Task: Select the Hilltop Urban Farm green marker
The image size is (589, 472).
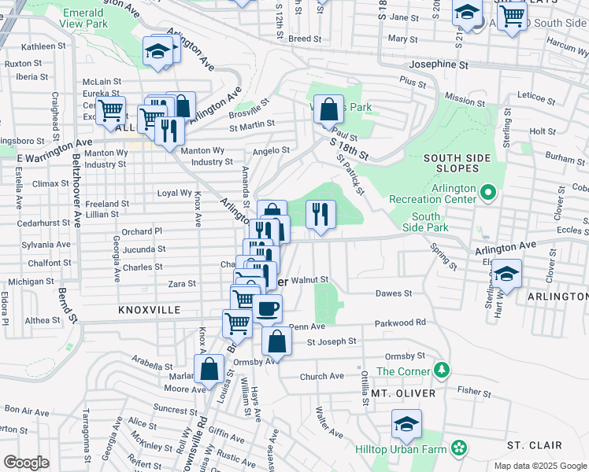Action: [x=458, y=449]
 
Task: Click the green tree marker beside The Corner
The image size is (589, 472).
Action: [x=442, y=371]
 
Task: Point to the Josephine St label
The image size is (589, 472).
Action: [x=437, y=65]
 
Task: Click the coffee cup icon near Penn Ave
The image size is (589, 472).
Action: [x=267, y=308]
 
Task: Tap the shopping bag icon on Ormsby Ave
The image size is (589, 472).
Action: [x=276, y=341]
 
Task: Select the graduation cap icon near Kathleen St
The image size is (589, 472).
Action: [x=158, y=52]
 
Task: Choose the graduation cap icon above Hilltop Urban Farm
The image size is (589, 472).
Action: [x=406, y=425]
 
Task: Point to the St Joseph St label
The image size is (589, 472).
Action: [x=332, y=342]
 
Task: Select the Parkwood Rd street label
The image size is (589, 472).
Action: [x=400, y=323]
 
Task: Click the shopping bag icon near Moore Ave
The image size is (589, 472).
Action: [x=209, y=368]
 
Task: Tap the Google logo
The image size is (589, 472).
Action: [x=25, y=463]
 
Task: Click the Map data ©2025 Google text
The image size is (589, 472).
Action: [x=539, y=466]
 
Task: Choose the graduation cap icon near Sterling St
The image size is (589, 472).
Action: [x=507, y=274]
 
